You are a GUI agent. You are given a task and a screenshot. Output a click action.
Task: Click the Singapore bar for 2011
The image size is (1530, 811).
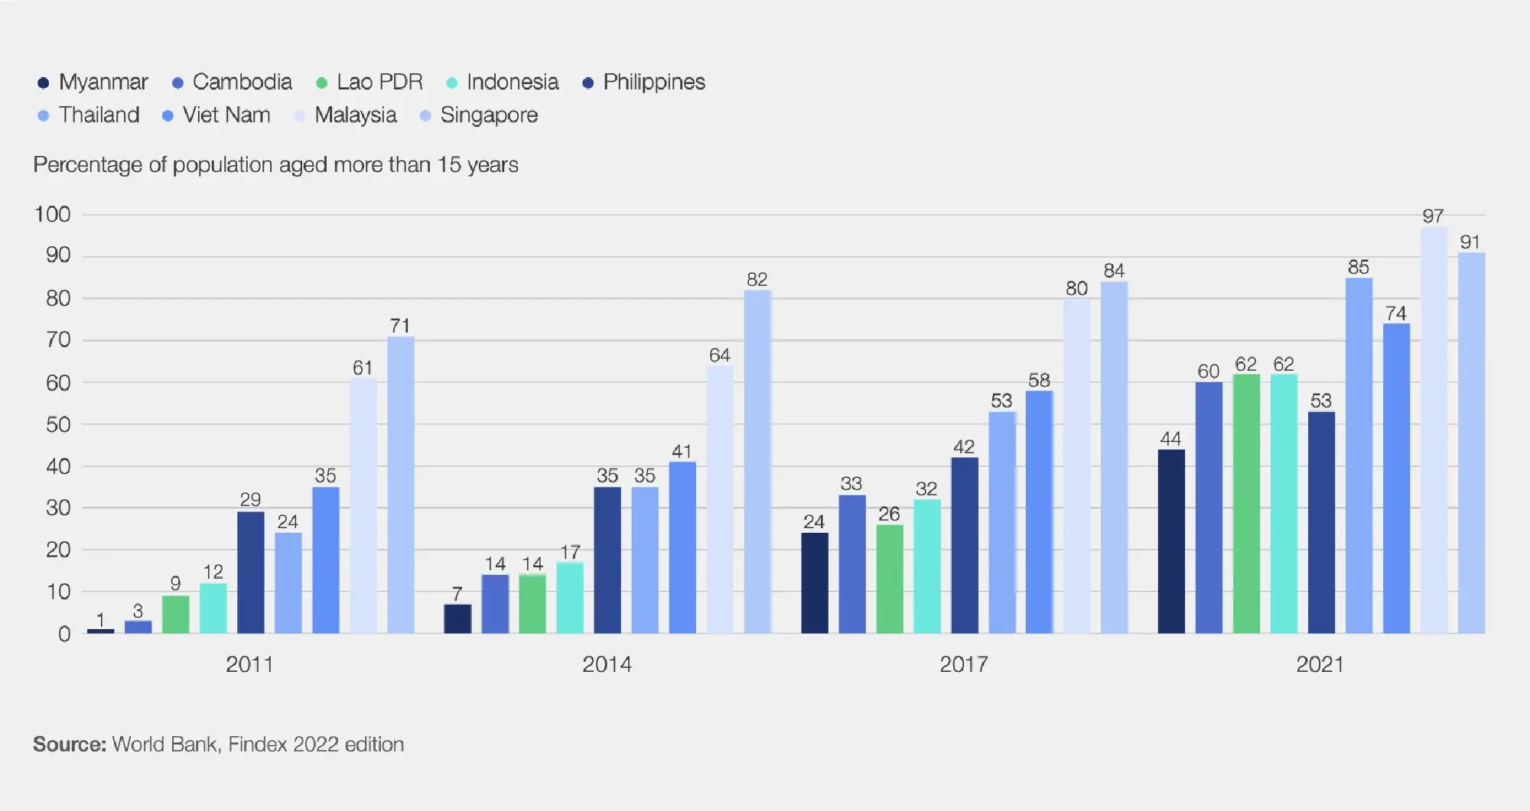tap(401, 485)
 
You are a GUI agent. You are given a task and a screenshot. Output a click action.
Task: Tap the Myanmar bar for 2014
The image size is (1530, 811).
tap(457, 618)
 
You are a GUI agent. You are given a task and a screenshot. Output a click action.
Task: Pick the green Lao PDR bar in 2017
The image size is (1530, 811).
tap(889, 579)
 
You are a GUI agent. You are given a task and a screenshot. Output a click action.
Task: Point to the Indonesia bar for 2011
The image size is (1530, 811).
tap(213, 608)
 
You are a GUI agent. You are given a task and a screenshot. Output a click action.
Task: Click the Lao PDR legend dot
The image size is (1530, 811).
tap(322, 83)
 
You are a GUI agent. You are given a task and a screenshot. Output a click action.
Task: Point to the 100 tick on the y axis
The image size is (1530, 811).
tap(53, 215)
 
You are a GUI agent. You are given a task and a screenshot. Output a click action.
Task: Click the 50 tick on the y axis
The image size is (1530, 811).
tap(58, 425)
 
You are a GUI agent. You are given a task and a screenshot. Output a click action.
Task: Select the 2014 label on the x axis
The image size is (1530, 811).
tap(607, 664)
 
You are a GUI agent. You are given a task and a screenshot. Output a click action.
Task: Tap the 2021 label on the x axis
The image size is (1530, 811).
tap(1320, 664)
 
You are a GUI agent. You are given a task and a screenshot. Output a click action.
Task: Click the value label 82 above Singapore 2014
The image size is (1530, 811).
tap(757, 280)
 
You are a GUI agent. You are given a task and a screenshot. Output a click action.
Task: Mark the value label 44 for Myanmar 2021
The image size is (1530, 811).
tap(1170, 439)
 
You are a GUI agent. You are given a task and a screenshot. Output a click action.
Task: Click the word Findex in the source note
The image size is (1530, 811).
tap(258, 744)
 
